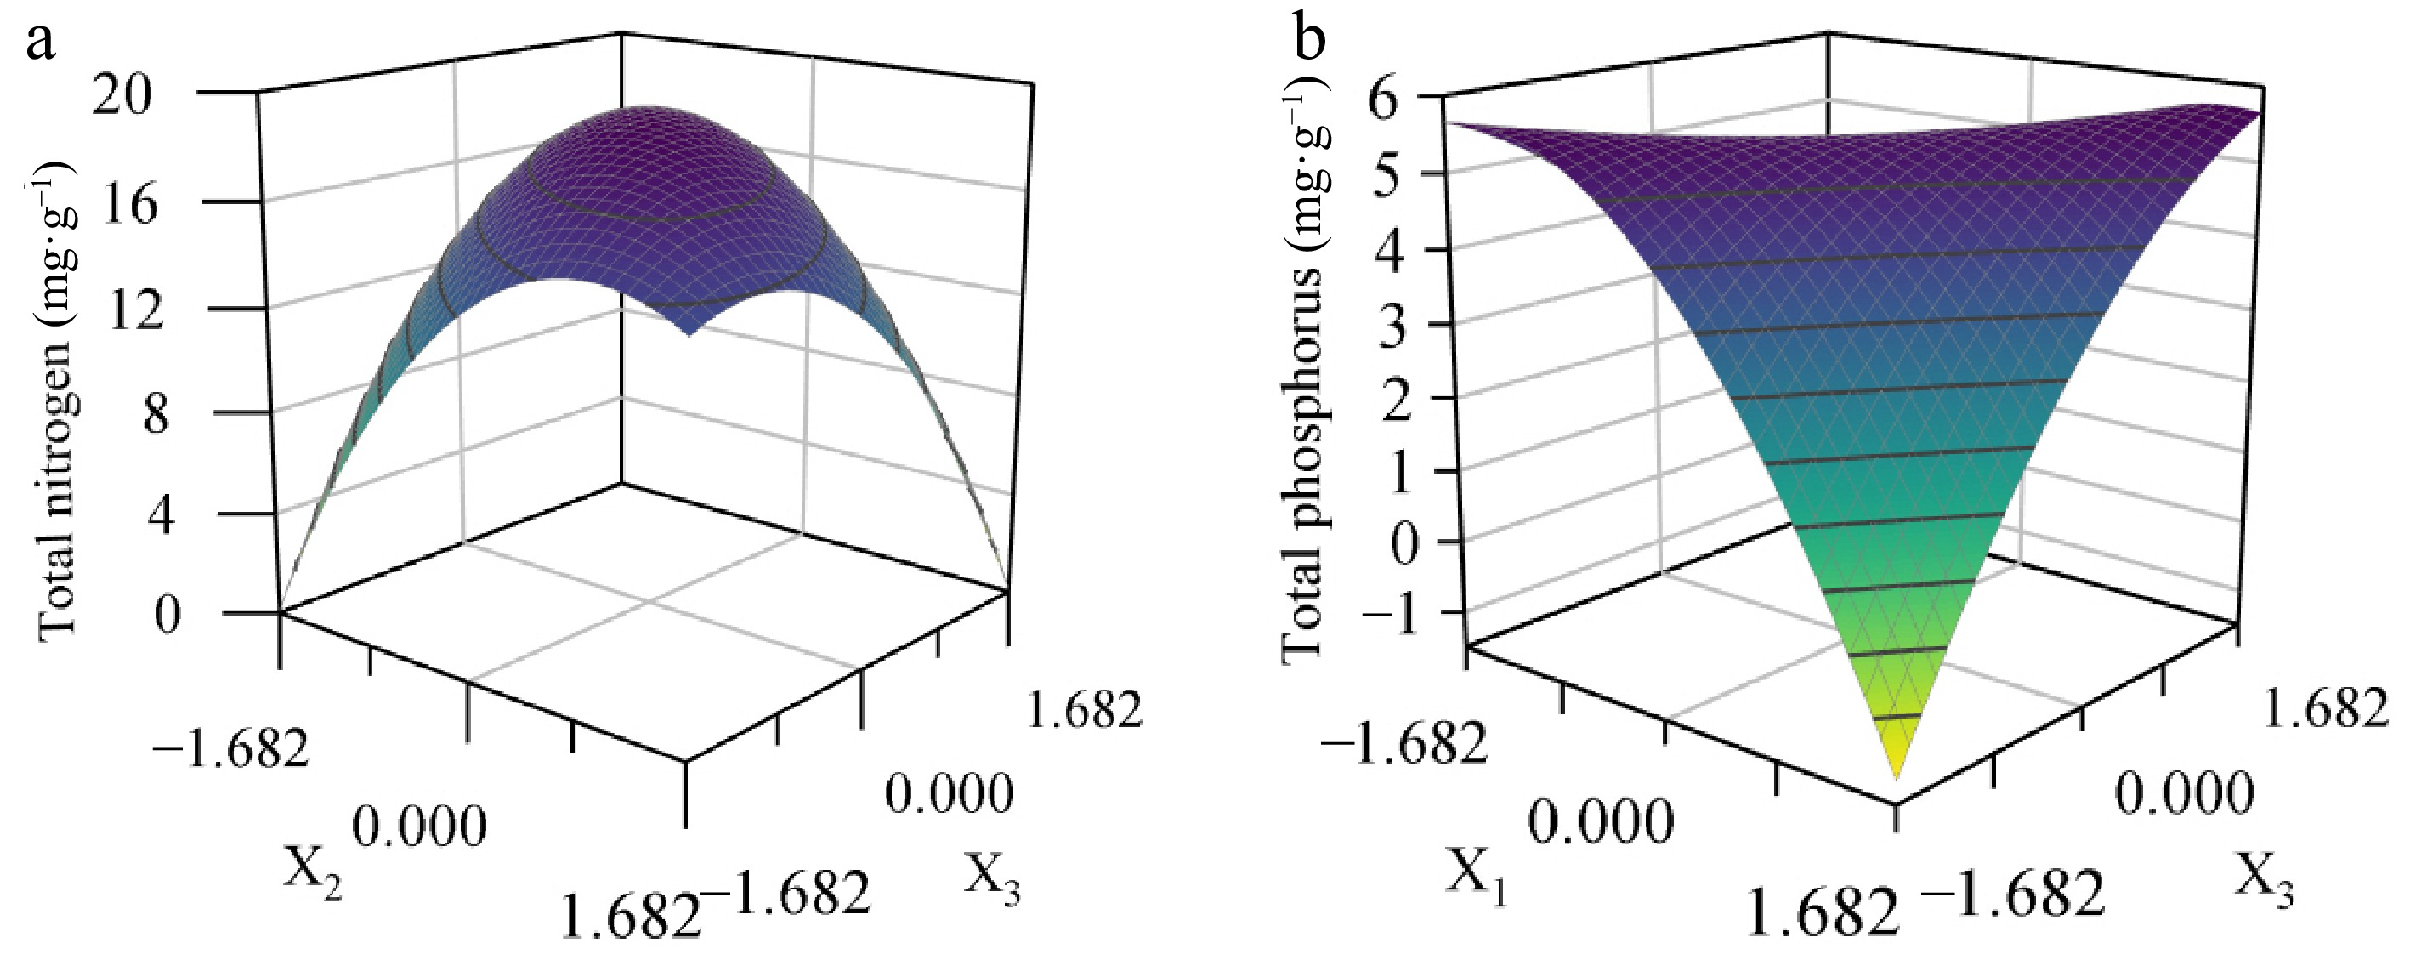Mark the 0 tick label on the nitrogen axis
(167, 616)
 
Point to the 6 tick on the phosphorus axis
(1395, 97)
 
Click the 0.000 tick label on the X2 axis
(420, 828)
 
